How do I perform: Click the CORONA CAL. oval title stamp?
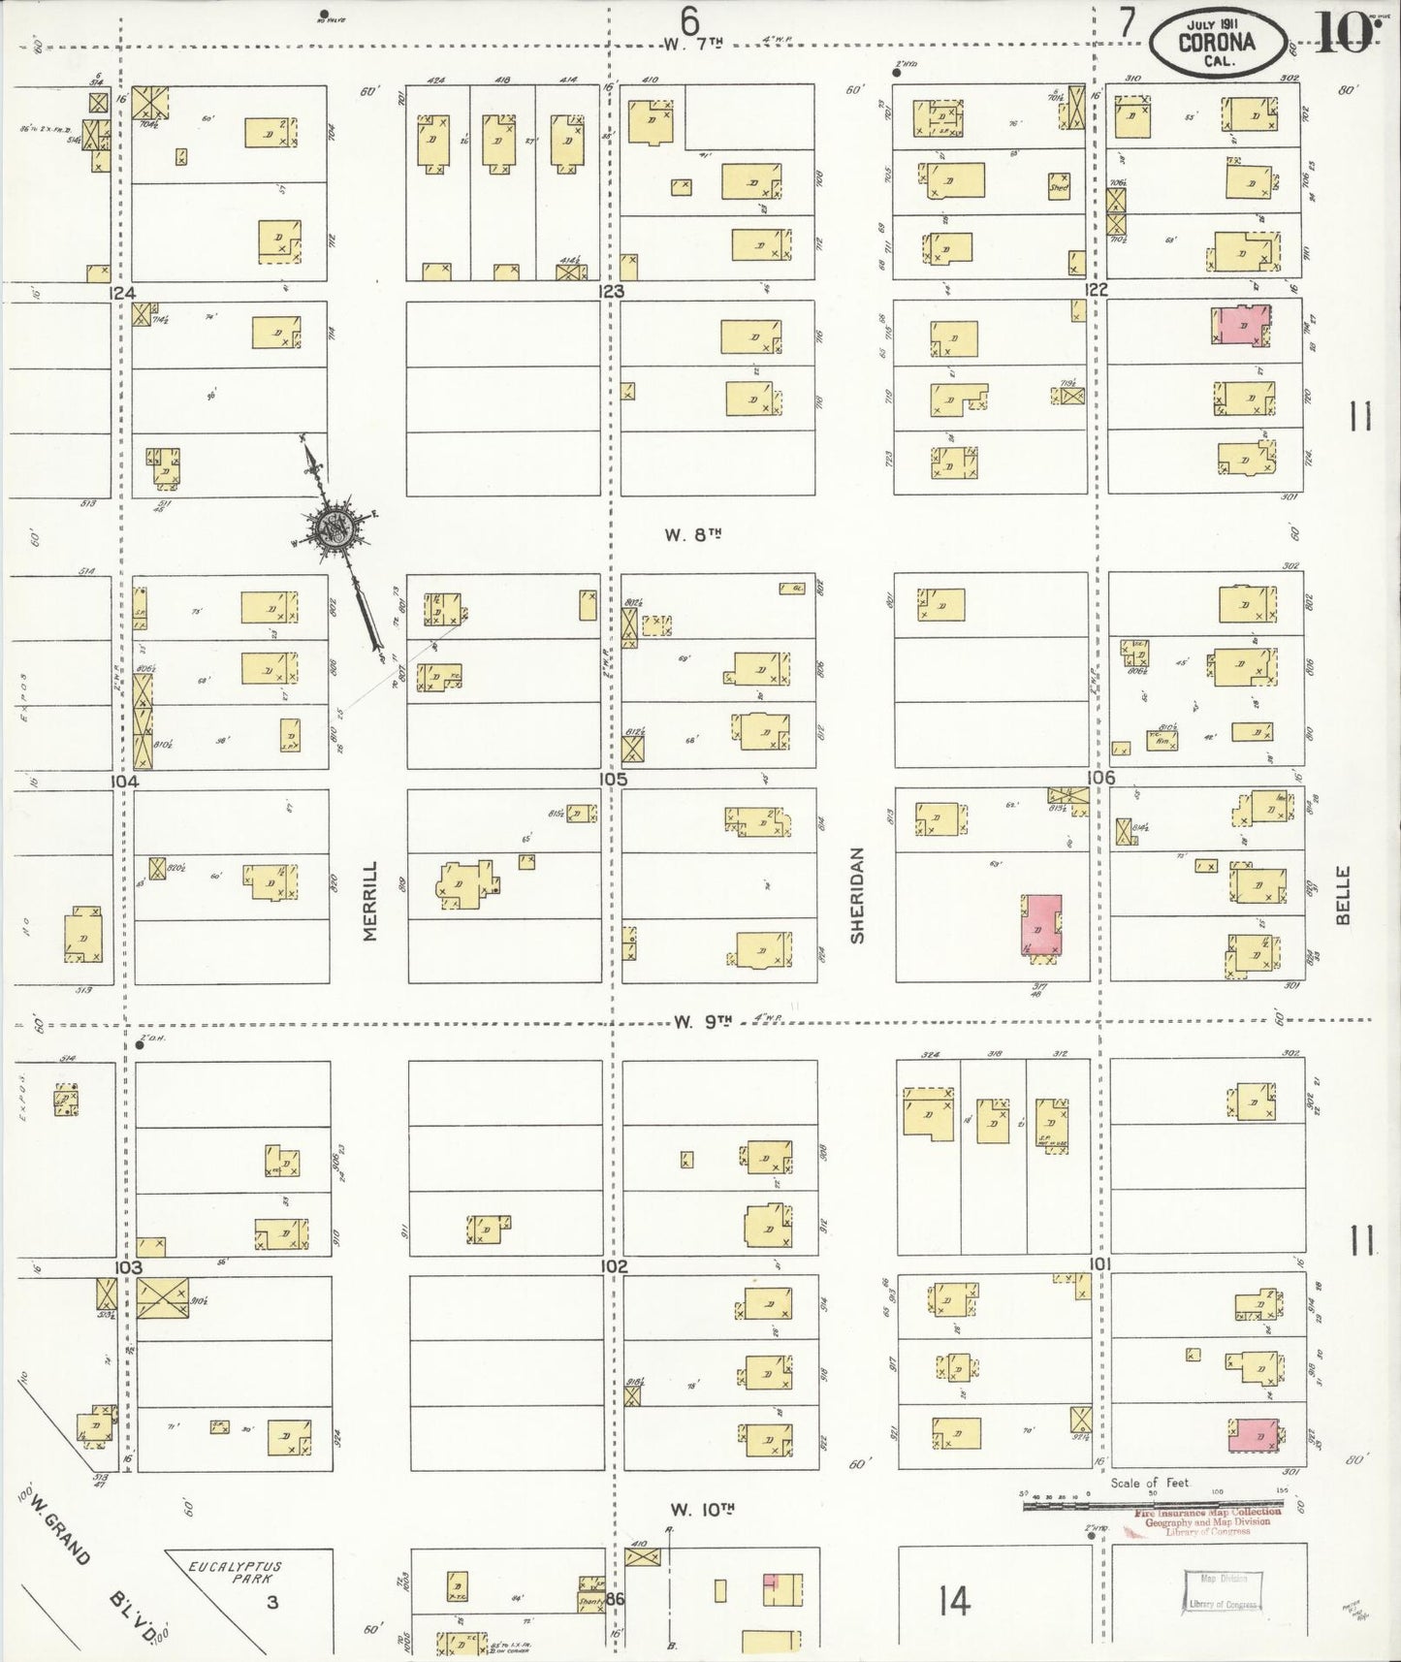(1217, 43)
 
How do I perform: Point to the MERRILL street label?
(369, 901)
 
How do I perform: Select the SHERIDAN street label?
(857, 895)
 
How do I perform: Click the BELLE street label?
(1343, 895)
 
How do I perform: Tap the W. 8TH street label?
(693, 534)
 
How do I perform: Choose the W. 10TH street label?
(702, 1510)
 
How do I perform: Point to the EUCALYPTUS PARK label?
(234, 1572)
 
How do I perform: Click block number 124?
(122, 292)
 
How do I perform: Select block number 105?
(613, 780)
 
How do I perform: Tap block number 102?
(614, 1267)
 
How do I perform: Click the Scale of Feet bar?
(1149, 1505)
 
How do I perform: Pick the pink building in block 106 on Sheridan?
(1041, 924)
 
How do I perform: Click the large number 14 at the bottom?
(954, 1601)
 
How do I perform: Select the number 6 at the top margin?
(689, 19)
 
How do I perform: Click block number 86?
(616, 1600)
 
